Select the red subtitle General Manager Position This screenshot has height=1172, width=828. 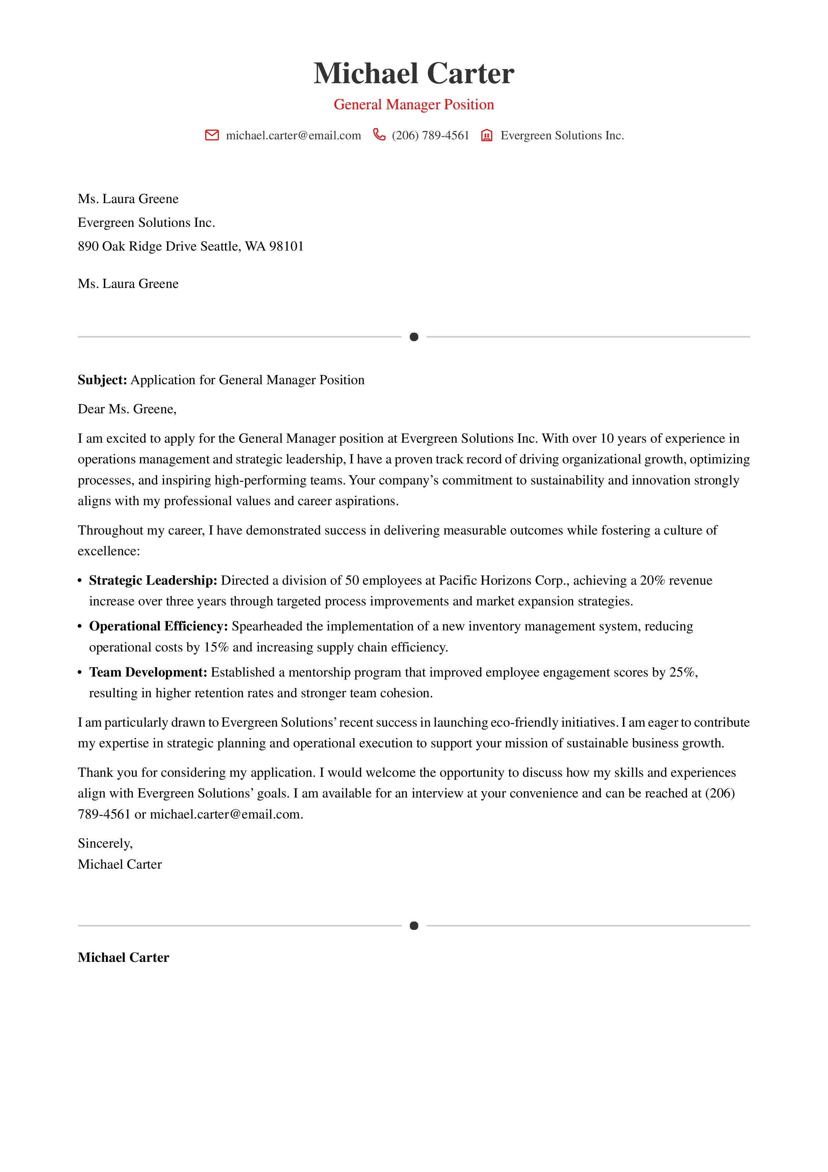tap(414, 105)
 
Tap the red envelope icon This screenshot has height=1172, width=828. tap(212, 135)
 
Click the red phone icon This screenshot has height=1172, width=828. tap(379, 135)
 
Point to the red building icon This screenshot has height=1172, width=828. tap(487, 135)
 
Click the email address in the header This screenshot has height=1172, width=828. tap(293, 135)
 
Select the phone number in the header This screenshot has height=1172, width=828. tap(430, 135)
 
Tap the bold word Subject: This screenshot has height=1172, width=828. tap(102, 380)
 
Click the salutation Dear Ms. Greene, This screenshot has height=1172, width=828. tap(127, 409)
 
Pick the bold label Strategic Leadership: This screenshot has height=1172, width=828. tap(153, 580)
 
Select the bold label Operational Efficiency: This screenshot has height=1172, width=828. tap(158, 626)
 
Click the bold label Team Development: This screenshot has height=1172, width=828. tap(148, 672)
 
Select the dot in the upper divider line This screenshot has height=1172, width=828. tap(414, 337)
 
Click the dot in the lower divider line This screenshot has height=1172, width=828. tap(414, 925)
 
